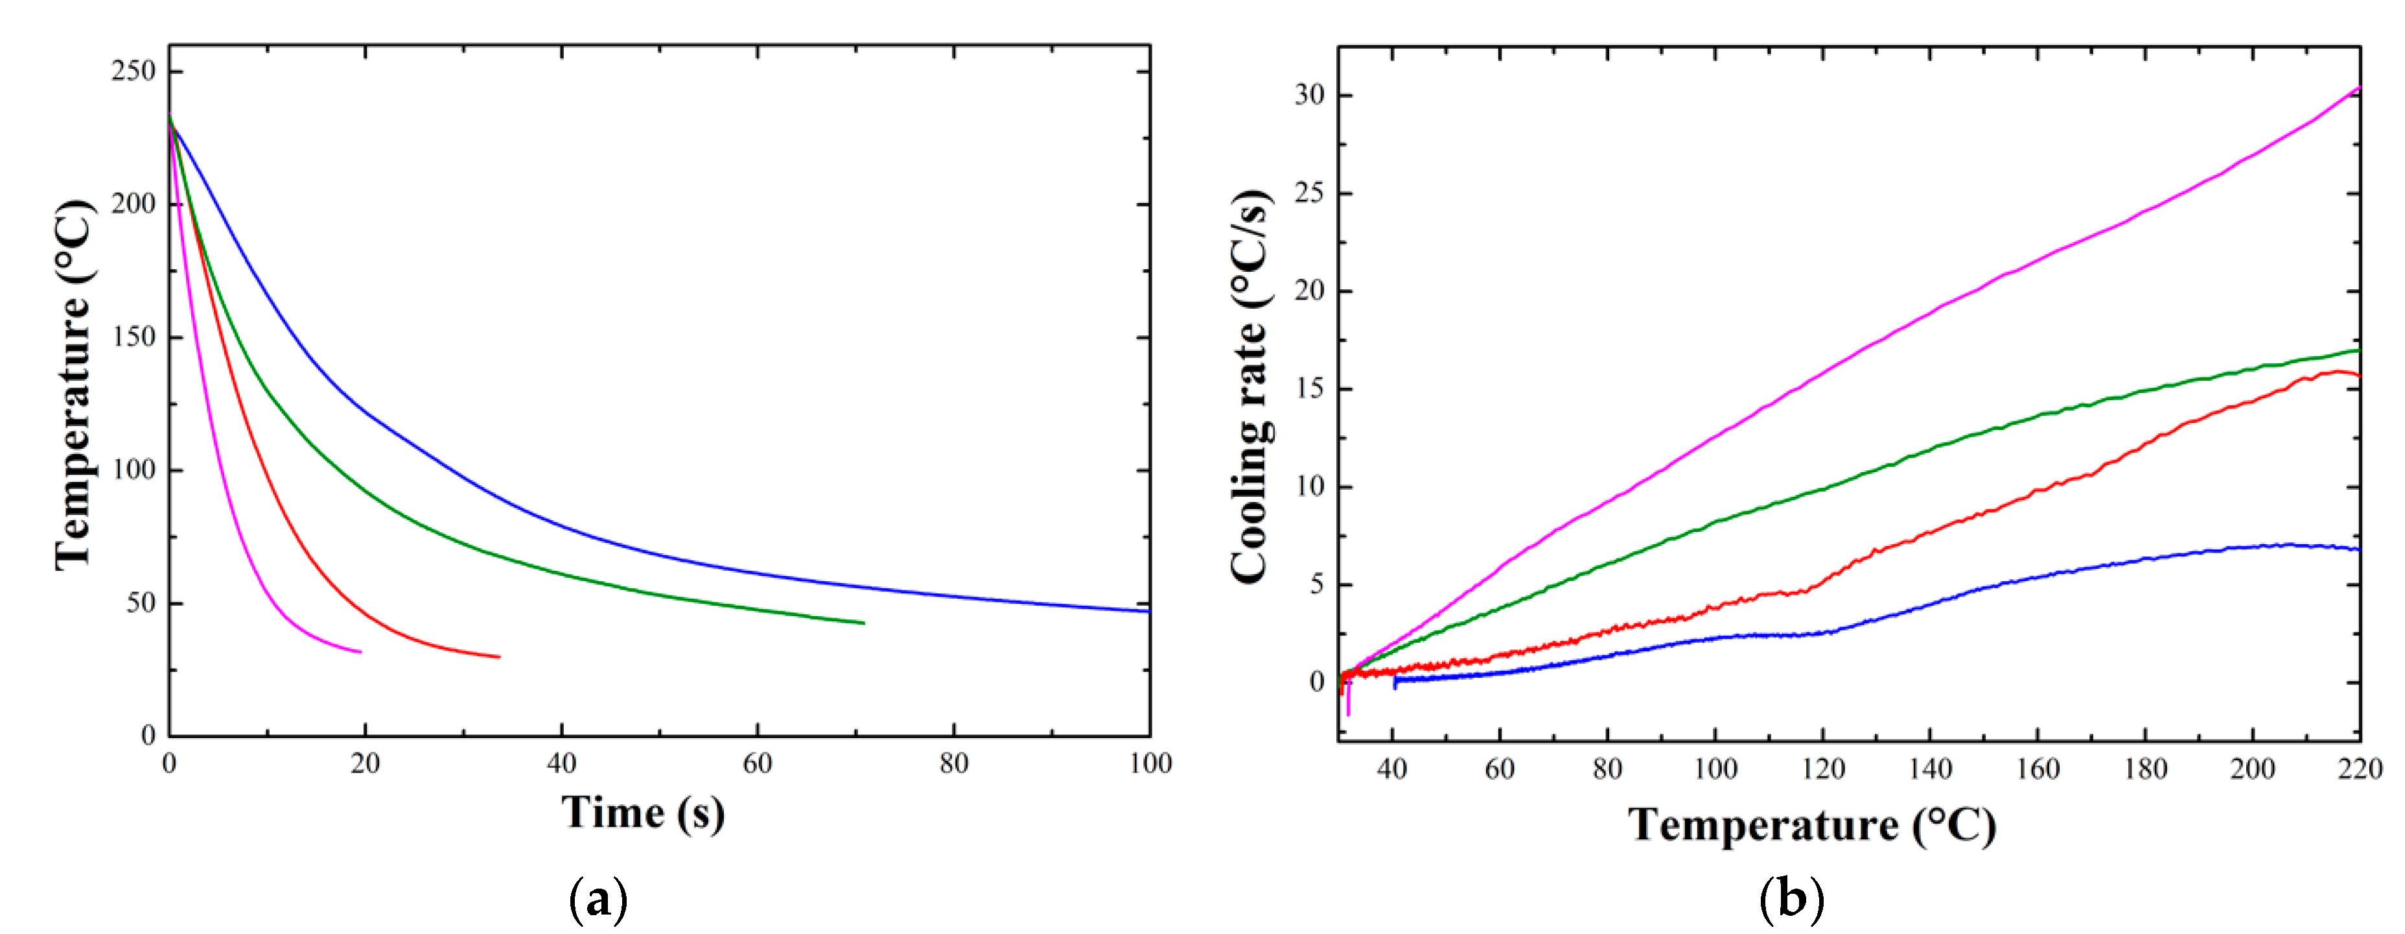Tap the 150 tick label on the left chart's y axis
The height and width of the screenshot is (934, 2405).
133,337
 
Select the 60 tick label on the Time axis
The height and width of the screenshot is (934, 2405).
757,764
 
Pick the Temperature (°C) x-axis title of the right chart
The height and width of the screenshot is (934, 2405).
1811,826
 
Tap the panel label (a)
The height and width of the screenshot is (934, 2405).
598,900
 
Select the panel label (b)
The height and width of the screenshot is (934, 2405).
1791,900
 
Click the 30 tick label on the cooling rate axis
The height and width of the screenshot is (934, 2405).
1309,95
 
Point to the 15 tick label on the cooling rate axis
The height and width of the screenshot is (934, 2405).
1309,389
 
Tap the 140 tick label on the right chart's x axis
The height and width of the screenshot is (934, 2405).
1930,770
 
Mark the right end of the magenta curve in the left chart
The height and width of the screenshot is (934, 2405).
360,652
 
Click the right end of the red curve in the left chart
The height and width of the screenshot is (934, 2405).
500,656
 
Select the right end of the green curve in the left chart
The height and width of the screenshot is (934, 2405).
864,623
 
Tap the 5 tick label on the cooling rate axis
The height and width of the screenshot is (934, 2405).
1316,584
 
